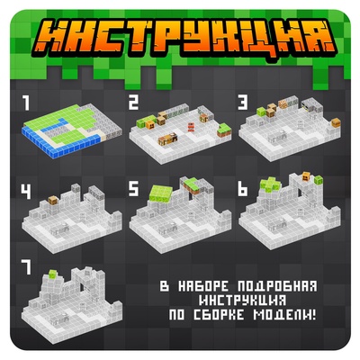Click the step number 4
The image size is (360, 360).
28,190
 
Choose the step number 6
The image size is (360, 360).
243,190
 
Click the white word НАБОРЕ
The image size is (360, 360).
204,286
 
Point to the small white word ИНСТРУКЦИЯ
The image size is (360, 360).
245,301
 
